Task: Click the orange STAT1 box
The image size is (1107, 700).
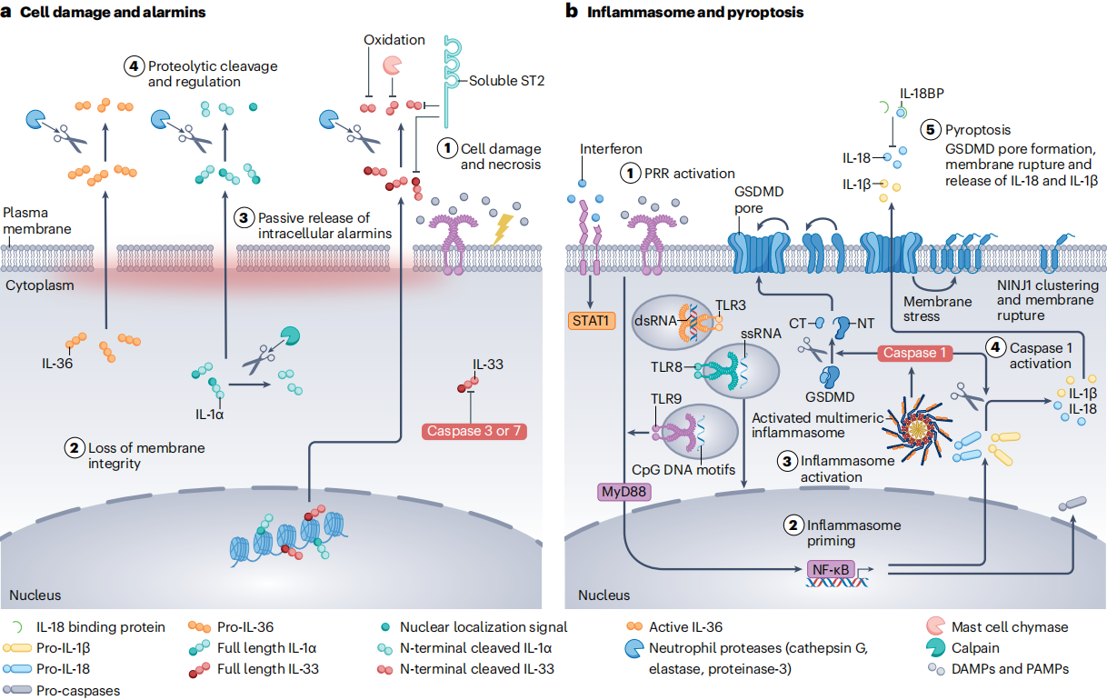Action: point(592,321)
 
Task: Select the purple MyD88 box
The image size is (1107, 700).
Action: point(623,492)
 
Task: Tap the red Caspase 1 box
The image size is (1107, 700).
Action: point(914,353)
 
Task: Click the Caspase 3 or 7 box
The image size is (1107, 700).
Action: point(474,431)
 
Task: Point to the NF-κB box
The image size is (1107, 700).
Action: point(831,569)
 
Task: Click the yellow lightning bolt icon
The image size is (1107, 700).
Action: point(503,229)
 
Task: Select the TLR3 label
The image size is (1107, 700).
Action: point(731,305)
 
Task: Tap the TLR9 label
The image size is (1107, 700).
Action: point(665,398)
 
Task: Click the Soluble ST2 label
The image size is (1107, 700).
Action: point(506,81)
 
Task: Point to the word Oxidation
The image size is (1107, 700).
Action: point(394,40)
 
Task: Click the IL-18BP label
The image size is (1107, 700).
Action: point(922,94)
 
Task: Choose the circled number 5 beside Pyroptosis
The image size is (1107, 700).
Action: point(930,129)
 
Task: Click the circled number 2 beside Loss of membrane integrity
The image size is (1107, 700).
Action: point(75,448)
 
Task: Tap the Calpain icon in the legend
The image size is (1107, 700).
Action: point(935,647)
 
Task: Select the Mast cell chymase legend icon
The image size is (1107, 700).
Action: point(935,625)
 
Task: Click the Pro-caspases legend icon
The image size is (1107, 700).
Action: point(17,690)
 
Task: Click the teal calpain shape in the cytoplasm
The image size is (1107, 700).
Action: point(290,335)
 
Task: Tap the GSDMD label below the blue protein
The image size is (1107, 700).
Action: point(830,397)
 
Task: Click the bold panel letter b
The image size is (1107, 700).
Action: point(572,12)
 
